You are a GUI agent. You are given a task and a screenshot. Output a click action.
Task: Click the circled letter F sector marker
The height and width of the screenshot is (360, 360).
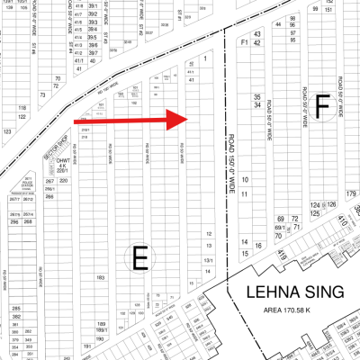[322, 107]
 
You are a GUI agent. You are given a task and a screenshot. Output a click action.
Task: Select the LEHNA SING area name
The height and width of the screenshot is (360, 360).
[291, 292]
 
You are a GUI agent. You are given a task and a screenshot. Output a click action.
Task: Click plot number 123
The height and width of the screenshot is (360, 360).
[8, 131]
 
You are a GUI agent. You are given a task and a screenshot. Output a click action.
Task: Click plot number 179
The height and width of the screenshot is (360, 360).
[351, 193]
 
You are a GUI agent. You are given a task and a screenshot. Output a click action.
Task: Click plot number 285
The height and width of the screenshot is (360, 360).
[16, 310]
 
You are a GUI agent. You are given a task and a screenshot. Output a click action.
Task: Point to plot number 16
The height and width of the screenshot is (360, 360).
[258, 245]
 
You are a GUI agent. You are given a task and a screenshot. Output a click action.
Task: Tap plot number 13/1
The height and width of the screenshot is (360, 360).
[209, 261]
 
